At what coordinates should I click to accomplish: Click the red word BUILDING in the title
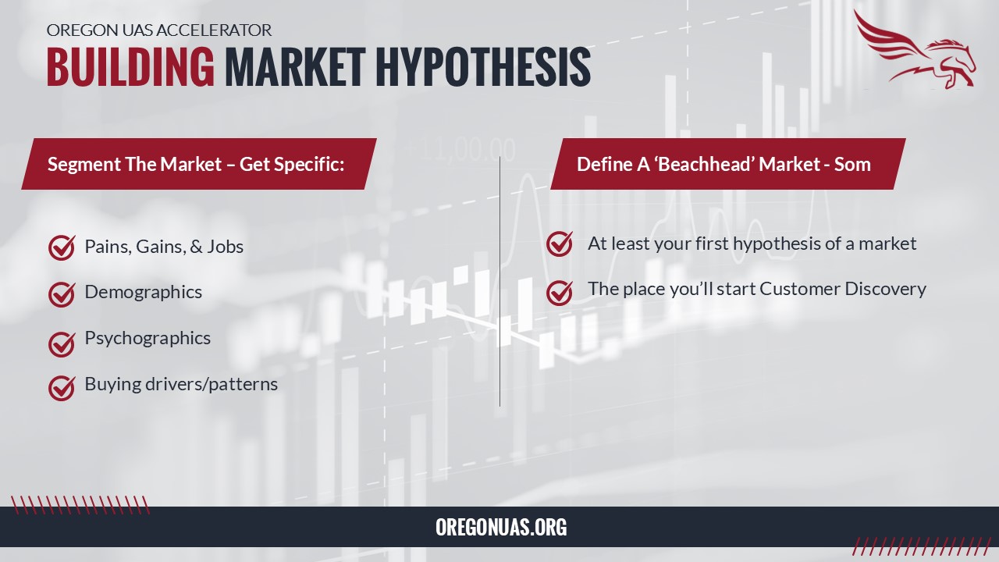pos(130,67)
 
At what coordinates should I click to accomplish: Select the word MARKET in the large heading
pos(295,67)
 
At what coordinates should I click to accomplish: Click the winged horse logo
pos(915,49)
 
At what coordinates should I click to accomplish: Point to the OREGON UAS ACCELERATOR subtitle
pos(158,30)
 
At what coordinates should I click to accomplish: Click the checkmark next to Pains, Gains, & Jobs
pos(62,247)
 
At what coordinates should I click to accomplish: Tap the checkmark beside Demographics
pos(62,294)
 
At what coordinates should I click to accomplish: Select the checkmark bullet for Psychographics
pos(62,344)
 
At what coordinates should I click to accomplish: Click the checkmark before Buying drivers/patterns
pos(62,388)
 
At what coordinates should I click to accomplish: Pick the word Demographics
pos(143,293)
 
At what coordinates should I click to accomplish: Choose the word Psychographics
pos(148,339)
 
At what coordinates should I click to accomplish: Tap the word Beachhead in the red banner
pos(704,164)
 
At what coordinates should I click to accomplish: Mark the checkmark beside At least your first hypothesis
pos(560,244)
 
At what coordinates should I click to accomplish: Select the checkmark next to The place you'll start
pos(560,292)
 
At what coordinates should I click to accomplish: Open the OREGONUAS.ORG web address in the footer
pos(501,527)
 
